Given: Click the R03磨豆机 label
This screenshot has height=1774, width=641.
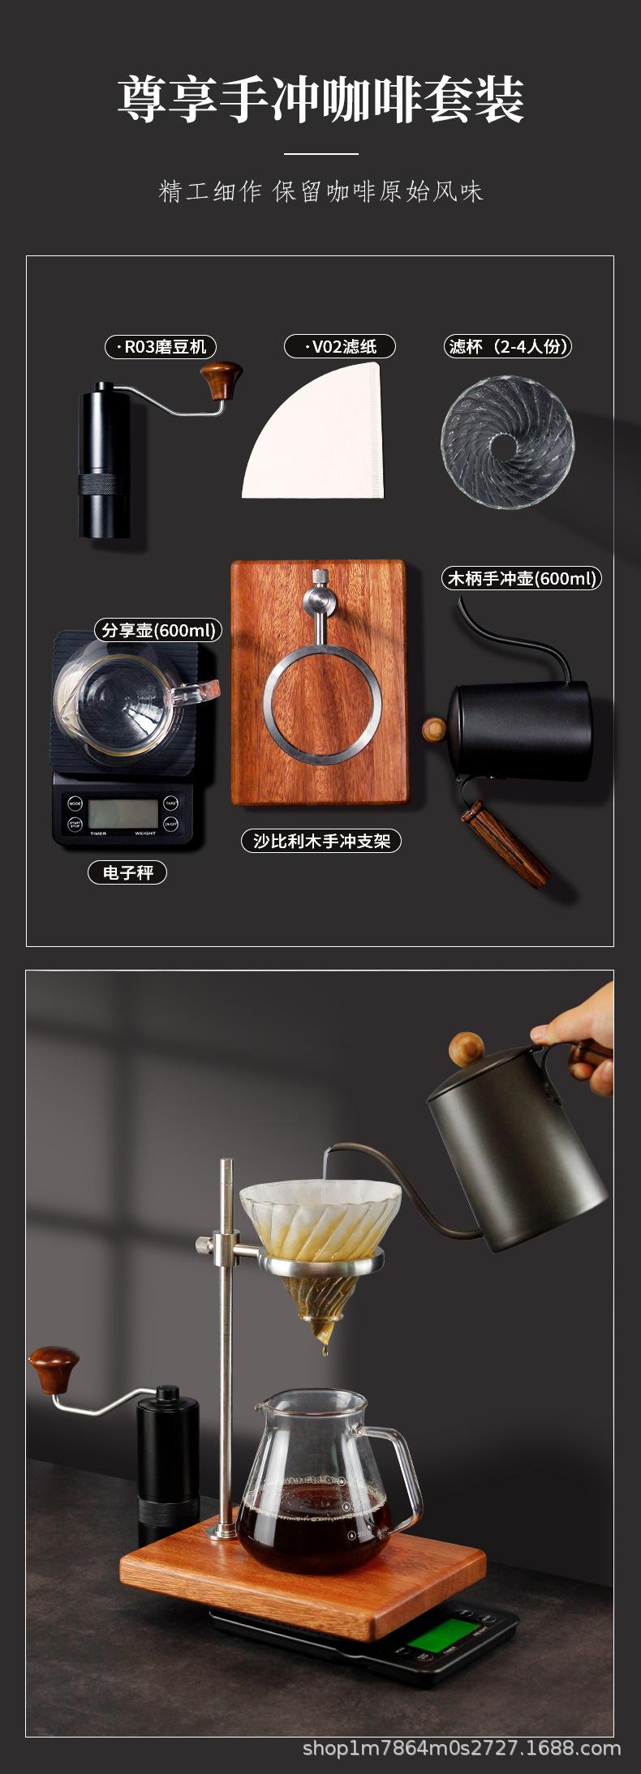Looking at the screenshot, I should click(161, 347).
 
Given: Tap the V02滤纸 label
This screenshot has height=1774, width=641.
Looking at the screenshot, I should click(340, 346).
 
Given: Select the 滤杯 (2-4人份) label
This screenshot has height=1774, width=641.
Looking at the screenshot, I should click(509, 346).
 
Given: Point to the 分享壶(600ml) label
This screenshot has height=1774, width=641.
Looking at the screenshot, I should click(159, 630).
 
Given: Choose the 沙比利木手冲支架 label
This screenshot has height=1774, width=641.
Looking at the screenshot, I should click(321, 841).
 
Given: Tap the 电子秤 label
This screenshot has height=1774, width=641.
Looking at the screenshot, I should click(127, 872).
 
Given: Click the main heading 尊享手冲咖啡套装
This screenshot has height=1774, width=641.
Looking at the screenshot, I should click(320, 101).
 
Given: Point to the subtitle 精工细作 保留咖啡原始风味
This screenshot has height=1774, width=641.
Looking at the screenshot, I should click(320, 191).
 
